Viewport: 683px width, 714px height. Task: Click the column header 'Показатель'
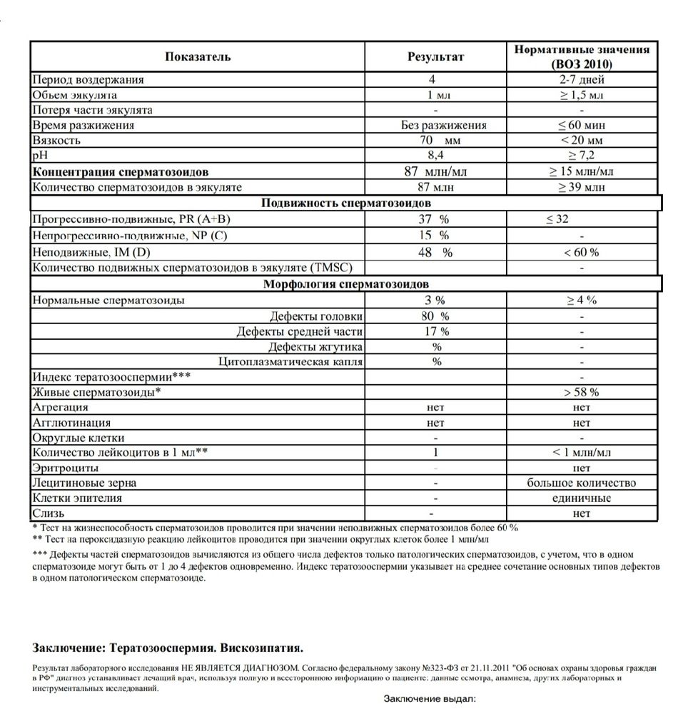point(198,56)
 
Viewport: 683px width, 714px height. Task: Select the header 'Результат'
point(435,56)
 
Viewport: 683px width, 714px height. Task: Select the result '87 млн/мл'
point(435,172)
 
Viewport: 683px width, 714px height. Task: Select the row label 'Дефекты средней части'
point(300,331)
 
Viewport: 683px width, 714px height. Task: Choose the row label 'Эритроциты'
point(61,468)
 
